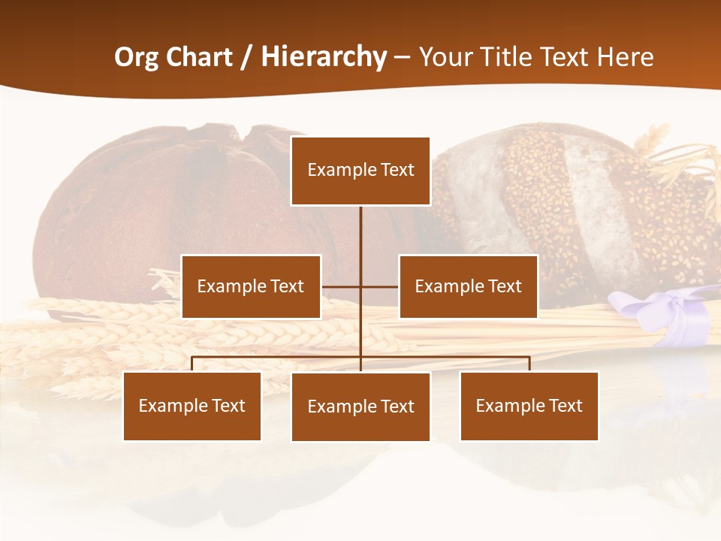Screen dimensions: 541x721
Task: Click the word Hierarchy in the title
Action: (324, 57)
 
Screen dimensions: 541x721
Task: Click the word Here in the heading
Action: (625, 57)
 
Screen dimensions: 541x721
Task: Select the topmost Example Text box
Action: (360, 171)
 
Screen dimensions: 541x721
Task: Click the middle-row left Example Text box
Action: (251, 286)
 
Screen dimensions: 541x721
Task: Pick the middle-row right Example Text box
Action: (468, 286)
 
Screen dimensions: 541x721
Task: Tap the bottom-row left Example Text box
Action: (192, 406)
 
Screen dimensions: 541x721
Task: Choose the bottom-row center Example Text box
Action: (360, 407)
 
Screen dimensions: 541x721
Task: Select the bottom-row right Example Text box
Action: (529, 406)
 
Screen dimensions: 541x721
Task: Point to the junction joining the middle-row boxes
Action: (360, 286)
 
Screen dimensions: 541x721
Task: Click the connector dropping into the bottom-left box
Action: (192, 364)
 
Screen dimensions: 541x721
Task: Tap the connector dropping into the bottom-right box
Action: (529, 364)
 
